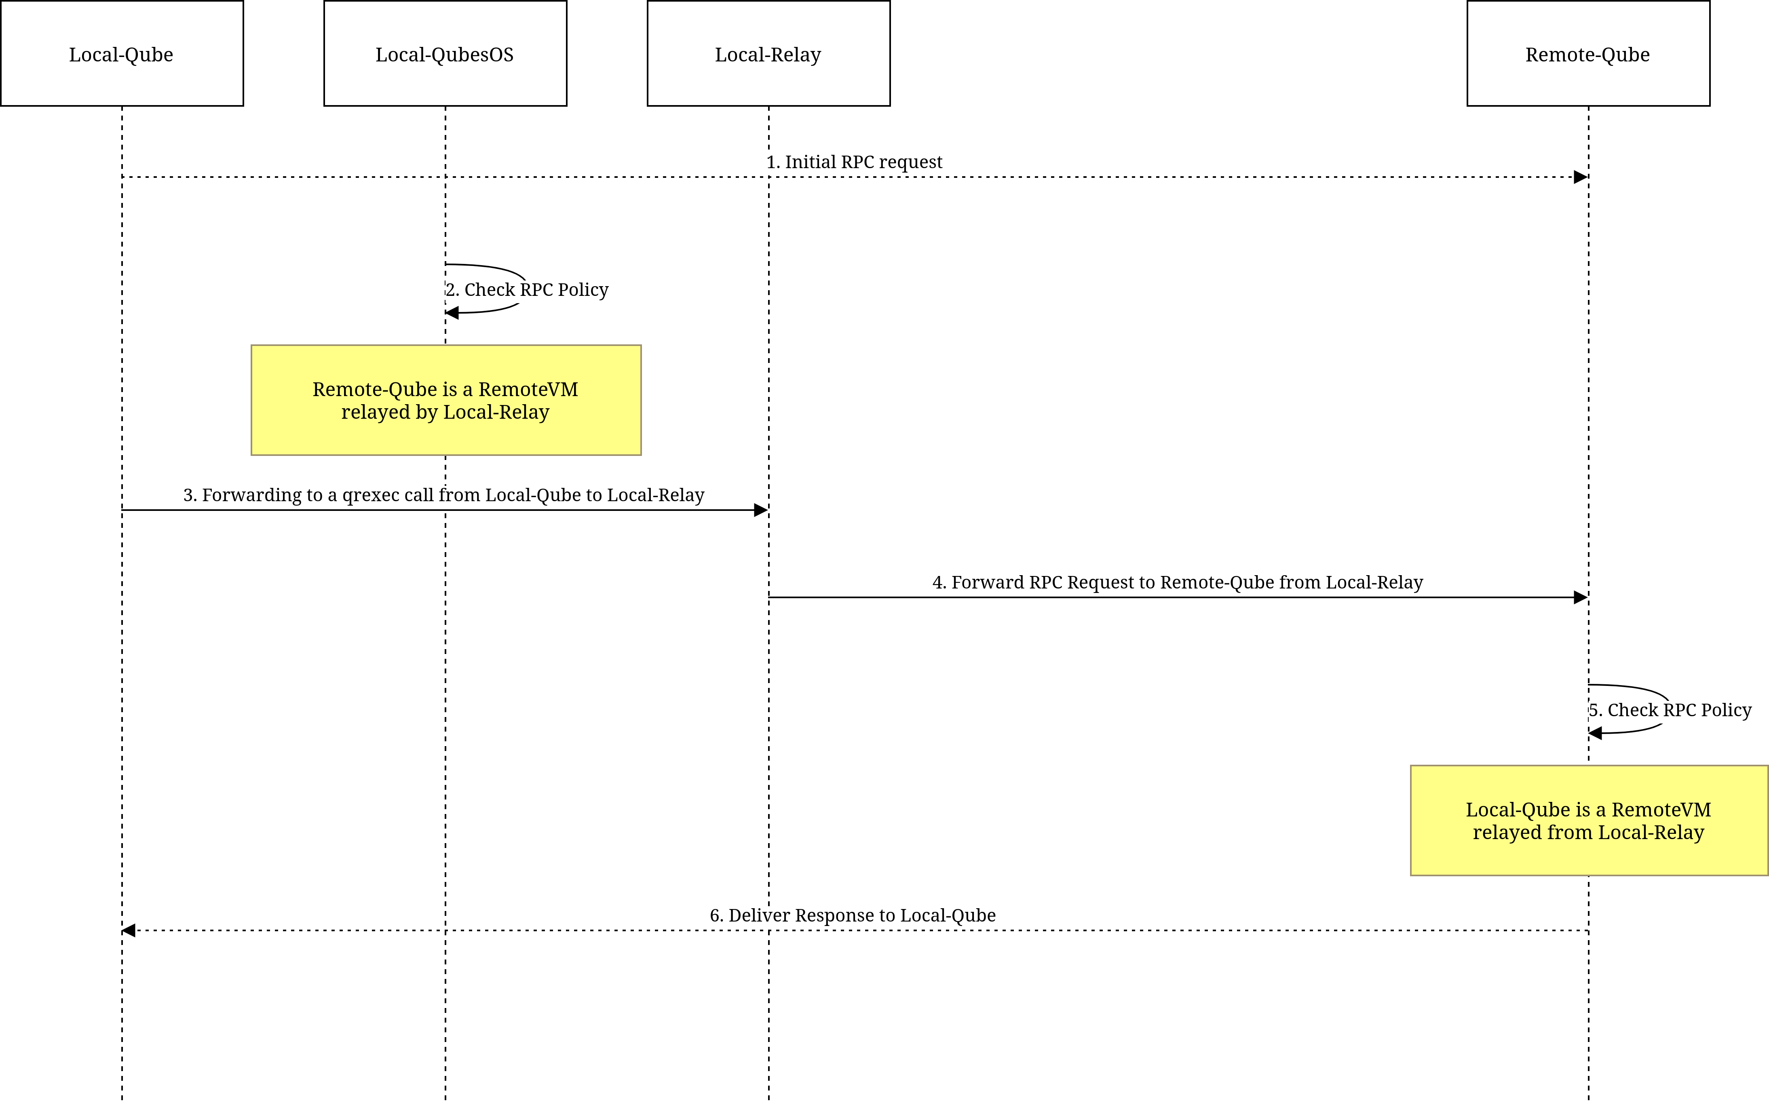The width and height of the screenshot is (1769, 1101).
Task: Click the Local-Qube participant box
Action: click(x=122, y=53)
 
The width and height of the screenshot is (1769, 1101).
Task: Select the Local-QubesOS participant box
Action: click(x=445, y=53)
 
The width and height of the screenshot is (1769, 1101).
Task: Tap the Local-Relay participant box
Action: click(x=768, y=53)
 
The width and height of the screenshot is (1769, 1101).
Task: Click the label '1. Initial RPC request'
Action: click(x=854, y=162)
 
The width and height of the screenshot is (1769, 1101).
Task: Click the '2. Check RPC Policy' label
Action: click(x=527, y=290)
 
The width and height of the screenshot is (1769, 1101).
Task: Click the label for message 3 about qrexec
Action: click(x=443, y=495)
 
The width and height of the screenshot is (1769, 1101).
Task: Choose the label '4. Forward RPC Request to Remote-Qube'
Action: click(x=1178, y=582)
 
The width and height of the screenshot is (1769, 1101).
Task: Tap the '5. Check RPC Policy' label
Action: click(x=1670, y=710)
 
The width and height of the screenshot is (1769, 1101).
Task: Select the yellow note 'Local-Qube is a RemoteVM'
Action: click(x=1589, y=820)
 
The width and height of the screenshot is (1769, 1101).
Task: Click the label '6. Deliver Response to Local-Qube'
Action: click(x=853, y=915)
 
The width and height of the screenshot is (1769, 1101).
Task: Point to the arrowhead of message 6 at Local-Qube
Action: click(x=129, y=930)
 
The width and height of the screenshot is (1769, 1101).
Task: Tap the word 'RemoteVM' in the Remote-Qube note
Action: click(x=528, y=390)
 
